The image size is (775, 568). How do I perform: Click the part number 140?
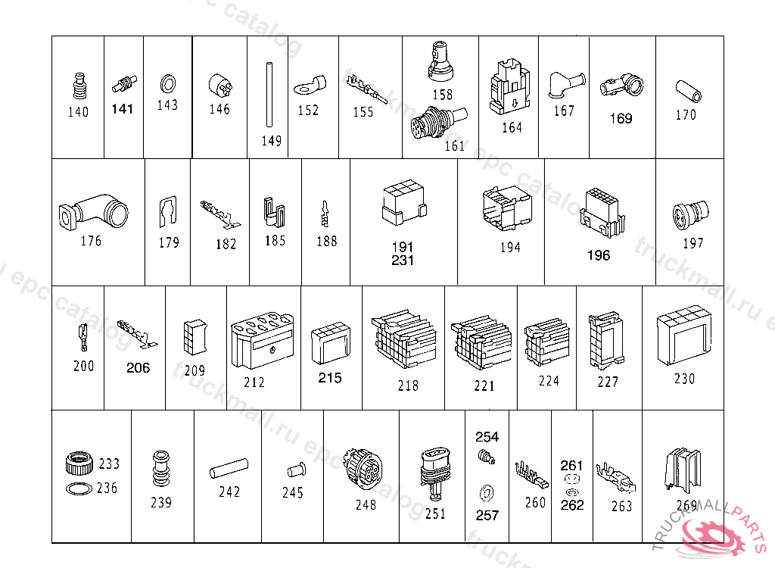pos(78,112)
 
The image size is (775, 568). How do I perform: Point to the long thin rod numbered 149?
pos(268,95)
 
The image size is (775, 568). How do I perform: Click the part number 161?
pos(454,145)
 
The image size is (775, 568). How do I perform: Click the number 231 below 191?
pos(403,260)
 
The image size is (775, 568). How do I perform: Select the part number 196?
pos(599,255)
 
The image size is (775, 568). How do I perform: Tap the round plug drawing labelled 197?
pos(690,214)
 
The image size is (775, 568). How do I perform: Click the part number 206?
pos(138,368)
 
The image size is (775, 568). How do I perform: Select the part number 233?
pos(109,463)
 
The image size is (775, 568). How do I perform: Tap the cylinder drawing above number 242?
pos(229,467)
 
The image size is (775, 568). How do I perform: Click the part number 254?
pos(487,437)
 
